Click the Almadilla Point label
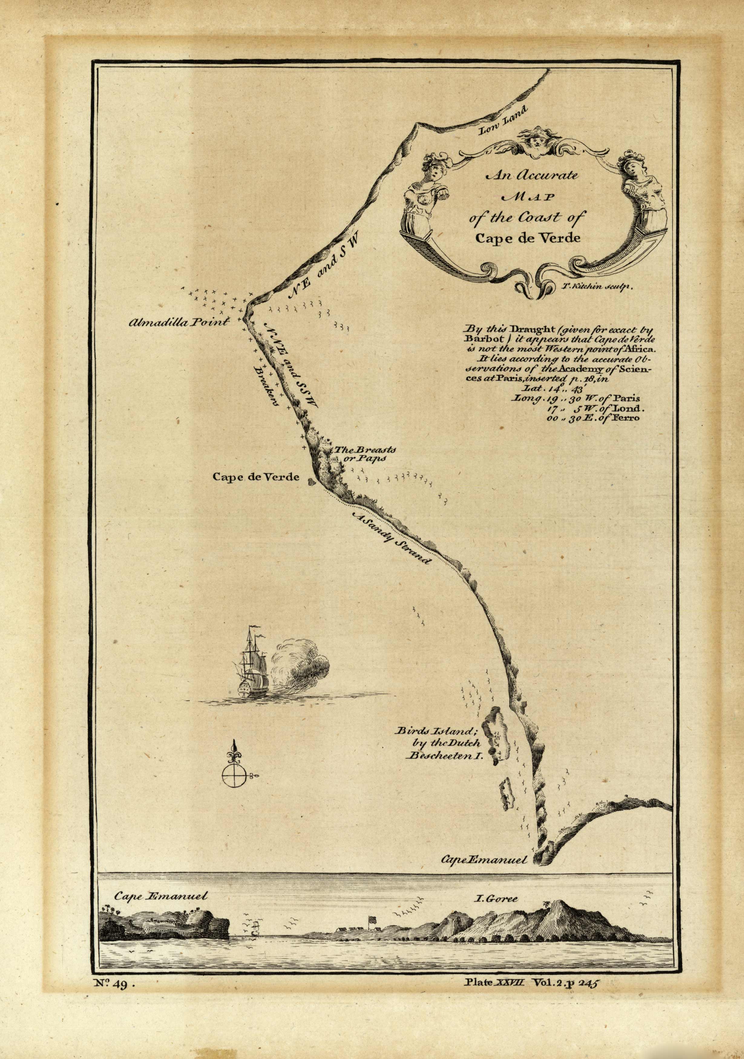point(179,322)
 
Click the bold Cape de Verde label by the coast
point(256,477)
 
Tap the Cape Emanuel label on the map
point(484,859)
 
